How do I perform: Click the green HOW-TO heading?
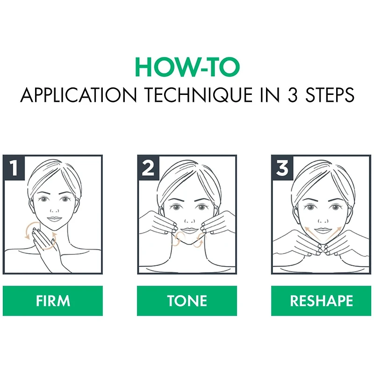[x=187, y=67]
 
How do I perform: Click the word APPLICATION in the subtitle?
[x=79, y=95]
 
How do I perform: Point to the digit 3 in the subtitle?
[x=293, y=95]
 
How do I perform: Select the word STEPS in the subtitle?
[x=330, y=95]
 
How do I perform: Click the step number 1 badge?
[x=14, y=168]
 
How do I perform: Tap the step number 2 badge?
[x=148, y=168]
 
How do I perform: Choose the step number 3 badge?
[x=282, y=168]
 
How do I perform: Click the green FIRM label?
[x=53, y=301]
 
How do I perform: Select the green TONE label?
[x=187, y=301]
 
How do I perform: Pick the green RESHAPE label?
[x=321, y=301]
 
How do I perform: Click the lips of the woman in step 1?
[x=54, y=219]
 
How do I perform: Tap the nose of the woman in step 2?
[x=190, y=221]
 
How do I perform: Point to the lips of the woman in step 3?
[x=323, y=230]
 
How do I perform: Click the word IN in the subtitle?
[x=270, y=95]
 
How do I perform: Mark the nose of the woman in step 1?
[x=55, y=211]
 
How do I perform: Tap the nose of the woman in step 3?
[x=323, y=221]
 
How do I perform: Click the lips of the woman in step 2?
[x=189, y=230]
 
